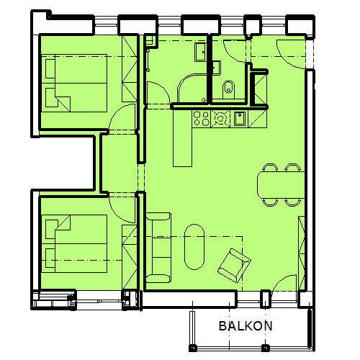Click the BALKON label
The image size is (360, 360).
coord(246,326)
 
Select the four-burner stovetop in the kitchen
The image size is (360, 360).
coord(202,119)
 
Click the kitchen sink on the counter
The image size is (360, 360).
coord(240,119)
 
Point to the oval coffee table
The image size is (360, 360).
coord(194,247)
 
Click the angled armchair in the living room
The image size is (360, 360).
coord(234,265)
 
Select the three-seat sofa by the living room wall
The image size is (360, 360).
coord(158,248)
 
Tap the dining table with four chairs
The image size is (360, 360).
coord(281,185)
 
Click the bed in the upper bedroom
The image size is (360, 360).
coord(74,83)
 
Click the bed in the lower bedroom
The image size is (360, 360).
coord(74,243)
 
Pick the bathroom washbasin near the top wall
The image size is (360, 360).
coord(201,52)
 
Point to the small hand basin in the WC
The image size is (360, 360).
coord(217,68)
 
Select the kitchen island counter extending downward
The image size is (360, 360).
coord(183,138)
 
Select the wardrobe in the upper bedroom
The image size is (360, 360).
coord(130,69)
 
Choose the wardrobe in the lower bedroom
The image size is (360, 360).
coord(130,257)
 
